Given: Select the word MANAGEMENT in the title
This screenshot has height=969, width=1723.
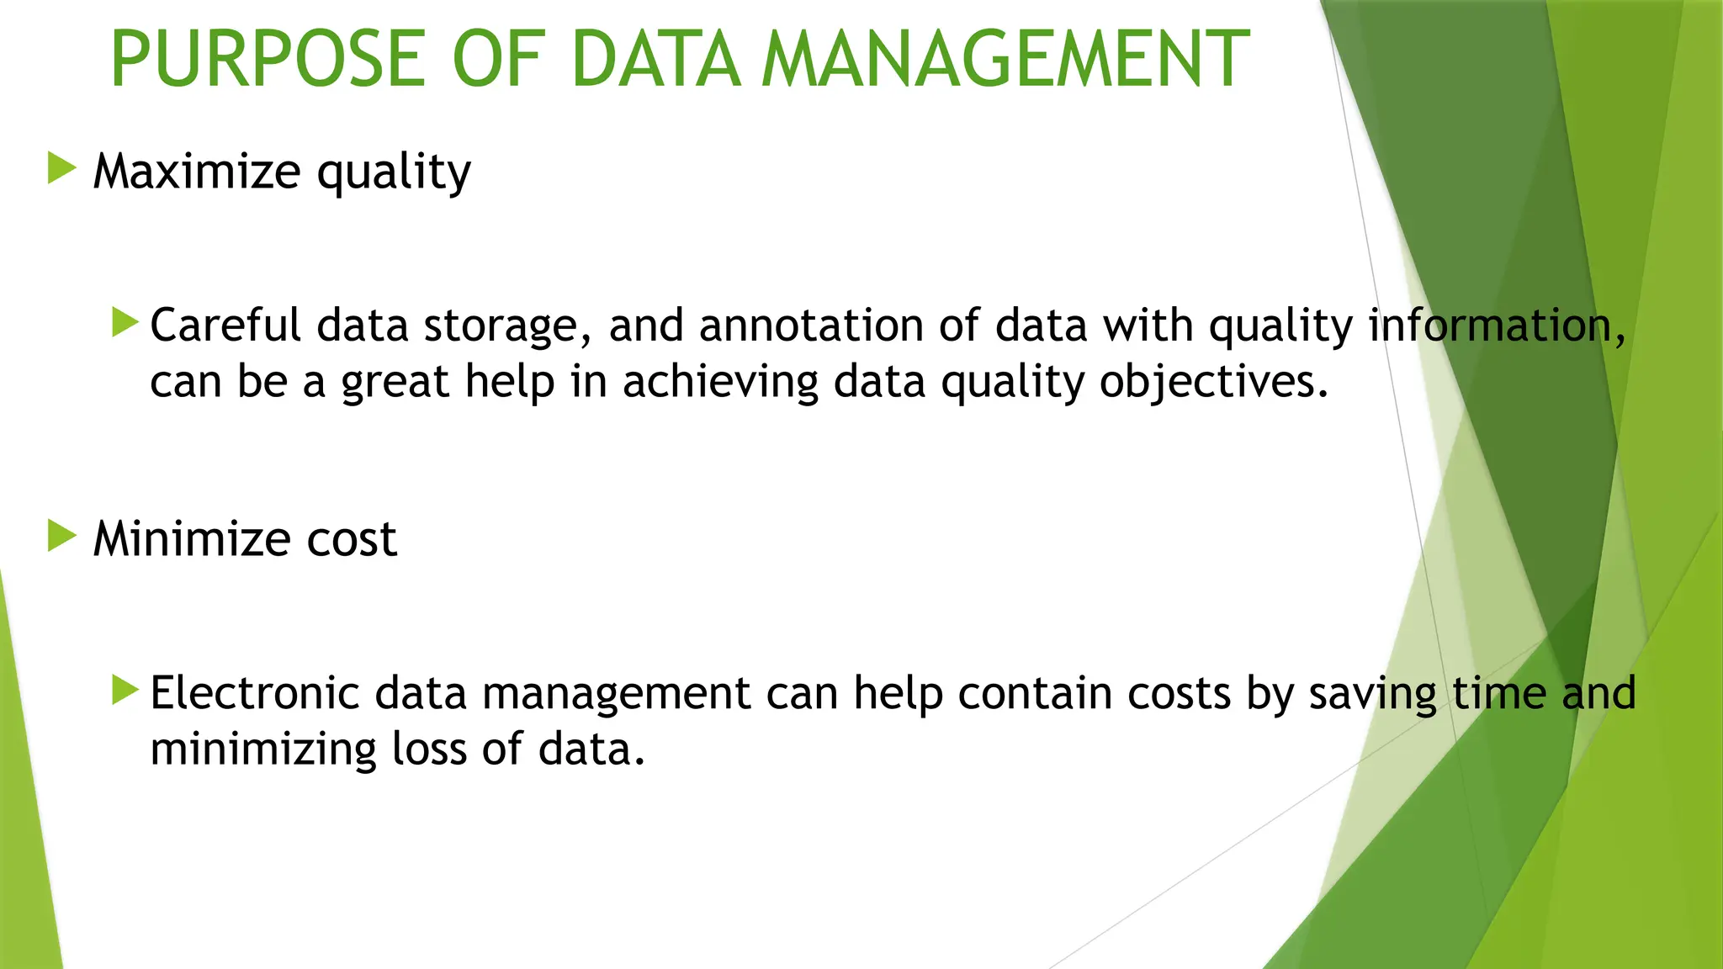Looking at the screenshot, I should click(1005, 59).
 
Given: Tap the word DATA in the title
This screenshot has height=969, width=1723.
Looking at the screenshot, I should click(655, 59).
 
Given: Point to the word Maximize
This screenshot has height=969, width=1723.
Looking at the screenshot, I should click(197, 172).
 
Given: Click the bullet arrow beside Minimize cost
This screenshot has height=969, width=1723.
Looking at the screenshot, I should click(62, 535).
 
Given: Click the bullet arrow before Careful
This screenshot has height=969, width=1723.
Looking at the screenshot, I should click(125, 322).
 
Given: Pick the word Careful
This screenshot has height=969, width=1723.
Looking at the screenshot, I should click(225, 326).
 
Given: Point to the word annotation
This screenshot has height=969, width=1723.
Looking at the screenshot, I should click(811, 326).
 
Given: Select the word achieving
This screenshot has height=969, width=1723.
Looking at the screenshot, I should click(720, 383).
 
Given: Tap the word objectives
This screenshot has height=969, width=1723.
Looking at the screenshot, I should click(1214, 383).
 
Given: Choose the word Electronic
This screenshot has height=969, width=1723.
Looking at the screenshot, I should click(254, 694).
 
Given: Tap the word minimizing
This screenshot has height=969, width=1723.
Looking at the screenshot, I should click(263, 749).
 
